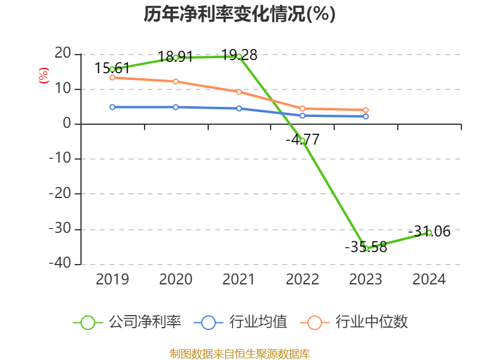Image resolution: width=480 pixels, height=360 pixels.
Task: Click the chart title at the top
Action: pos(239,14)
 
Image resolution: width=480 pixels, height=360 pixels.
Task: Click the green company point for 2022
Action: pos(302,140)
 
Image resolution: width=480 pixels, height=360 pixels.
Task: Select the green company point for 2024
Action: pos(429,232)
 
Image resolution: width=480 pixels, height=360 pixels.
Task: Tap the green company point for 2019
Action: pos(112,70)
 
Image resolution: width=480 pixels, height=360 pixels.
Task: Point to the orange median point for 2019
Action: pos(112,77)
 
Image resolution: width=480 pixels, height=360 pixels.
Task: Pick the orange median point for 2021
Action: pos(239,92)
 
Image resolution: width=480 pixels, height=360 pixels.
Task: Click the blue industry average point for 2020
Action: pos(176,107)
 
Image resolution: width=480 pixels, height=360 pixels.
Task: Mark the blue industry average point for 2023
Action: pos(366,116)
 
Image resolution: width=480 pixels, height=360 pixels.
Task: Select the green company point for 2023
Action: pos(365,248)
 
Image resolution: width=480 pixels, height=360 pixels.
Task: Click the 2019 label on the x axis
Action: pos(112,280)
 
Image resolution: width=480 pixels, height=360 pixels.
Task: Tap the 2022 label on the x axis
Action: pos(302,280)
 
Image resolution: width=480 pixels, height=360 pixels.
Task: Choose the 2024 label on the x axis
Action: pos(429,280)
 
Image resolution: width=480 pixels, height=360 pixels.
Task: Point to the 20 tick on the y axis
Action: pos(62,54)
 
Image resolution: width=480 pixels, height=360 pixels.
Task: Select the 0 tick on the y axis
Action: pos(67,124)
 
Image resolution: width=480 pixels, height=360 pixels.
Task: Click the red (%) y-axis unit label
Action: pos(43,76)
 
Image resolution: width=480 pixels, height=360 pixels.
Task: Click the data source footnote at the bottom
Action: pos(239,353)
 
